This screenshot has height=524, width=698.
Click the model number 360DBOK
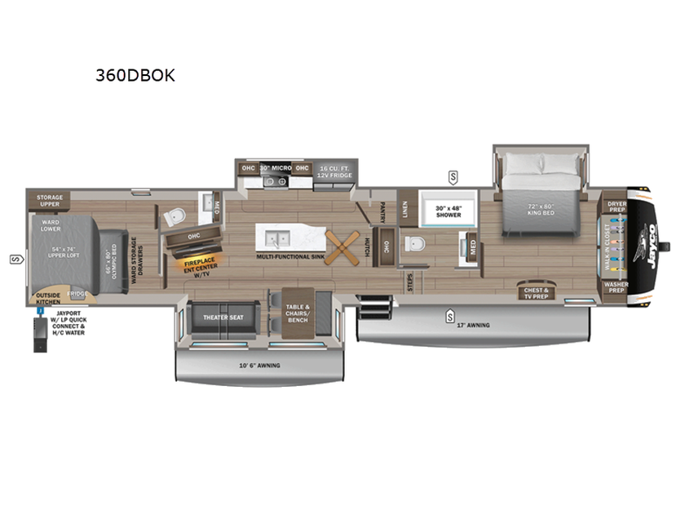coord(135,75)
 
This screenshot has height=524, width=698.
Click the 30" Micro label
coord(276,168)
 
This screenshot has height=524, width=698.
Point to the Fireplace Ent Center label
coord(196,267)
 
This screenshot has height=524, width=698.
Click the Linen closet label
coord(404,207)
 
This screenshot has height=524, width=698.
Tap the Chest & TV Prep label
coord(536,293)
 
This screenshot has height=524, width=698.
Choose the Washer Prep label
coord(616,288)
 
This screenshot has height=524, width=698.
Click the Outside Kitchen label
coord(47,299)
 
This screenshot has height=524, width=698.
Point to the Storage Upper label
coord(49,201)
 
